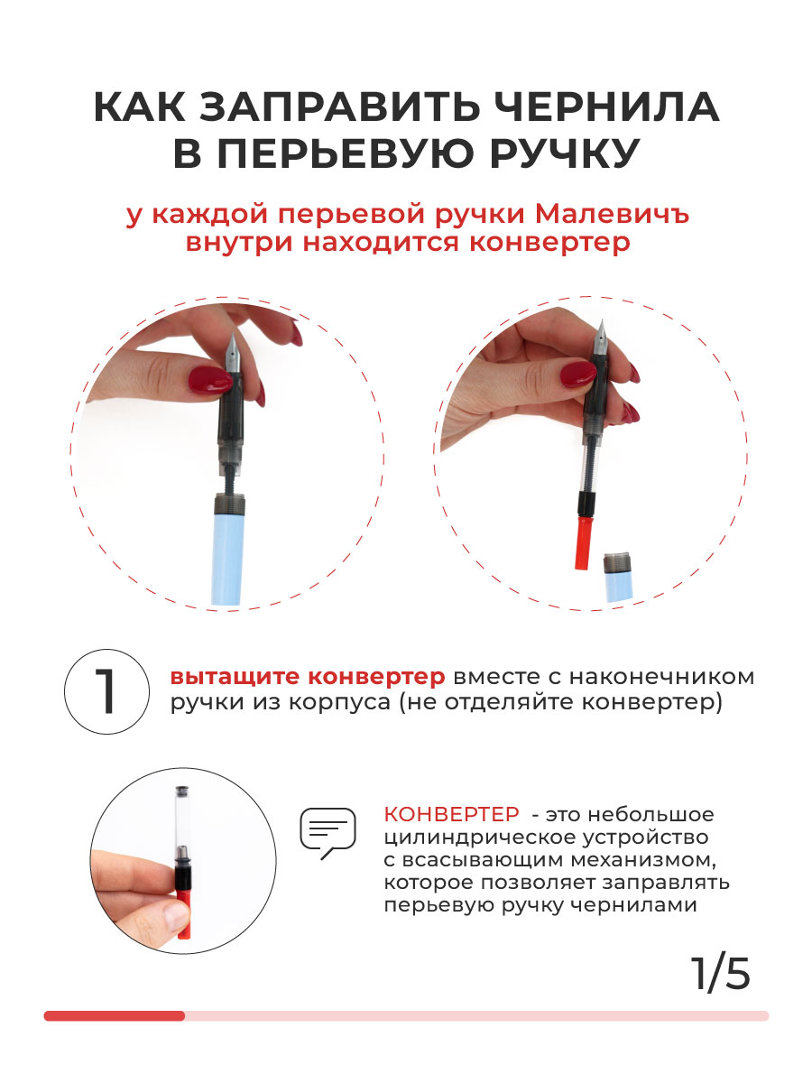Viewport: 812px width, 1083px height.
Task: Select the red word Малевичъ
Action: (612, 214)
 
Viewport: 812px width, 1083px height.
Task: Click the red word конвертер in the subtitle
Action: (549, 243)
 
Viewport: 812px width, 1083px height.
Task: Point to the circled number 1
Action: (106, 691)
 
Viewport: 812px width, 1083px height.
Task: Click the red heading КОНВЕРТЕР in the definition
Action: (451, 815)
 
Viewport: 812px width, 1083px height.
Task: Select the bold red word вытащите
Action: (235, 677)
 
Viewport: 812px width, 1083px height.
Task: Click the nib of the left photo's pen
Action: (234, 353)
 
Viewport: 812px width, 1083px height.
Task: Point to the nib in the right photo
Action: (601, 338)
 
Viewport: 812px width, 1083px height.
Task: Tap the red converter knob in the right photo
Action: (585, 543)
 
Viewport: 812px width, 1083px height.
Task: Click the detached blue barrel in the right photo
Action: (618, 578)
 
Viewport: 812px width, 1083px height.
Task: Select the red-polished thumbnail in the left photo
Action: (210, 381)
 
